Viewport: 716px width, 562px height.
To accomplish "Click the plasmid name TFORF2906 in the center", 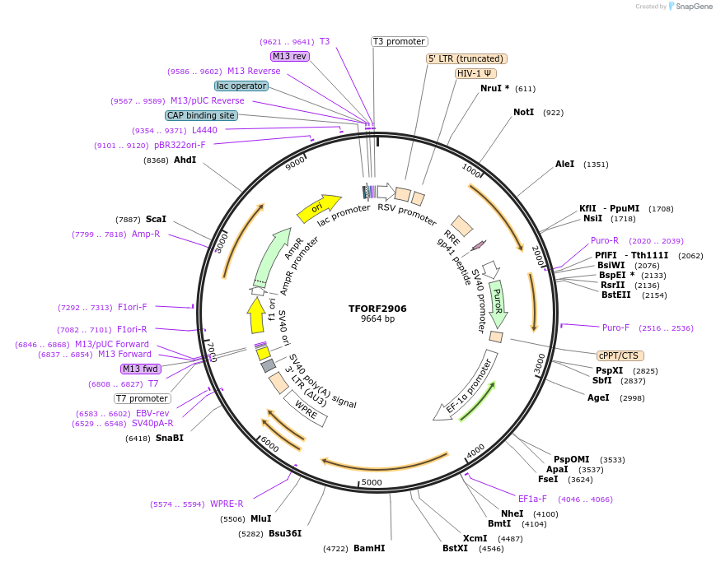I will click(377, 309).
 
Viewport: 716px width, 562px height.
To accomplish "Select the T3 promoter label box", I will click(399, 41).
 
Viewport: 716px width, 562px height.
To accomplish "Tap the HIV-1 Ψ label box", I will click(475, 73).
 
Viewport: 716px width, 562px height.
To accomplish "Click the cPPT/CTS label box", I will click(619, 355).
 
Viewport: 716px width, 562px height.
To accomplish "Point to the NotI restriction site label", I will click(523, 112).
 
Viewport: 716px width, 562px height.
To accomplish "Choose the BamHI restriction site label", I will click(369, 548).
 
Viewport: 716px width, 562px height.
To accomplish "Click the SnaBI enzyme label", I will click(169, 438).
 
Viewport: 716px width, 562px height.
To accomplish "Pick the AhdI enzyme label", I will click(185, 160).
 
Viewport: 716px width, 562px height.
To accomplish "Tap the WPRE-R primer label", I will click(227, 504).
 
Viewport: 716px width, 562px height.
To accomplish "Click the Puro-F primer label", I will click(615, 327).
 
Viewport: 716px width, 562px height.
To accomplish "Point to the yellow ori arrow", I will click(319, 208).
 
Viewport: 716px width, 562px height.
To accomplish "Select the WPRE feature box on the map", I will click(305, 409).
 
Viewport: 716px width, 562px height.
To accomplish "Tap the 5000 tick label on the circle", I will click(372, 482).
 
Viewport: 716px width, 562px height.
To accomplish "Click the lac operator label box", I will click(241, 86).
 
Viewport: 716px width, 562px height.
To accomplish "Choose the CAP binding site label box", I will click(201, 115).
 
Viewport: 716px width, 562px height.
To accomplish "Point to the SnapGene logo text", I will click(691, 6).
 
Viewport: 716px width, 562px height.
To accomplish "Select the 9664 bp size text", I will click(377, 319).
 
